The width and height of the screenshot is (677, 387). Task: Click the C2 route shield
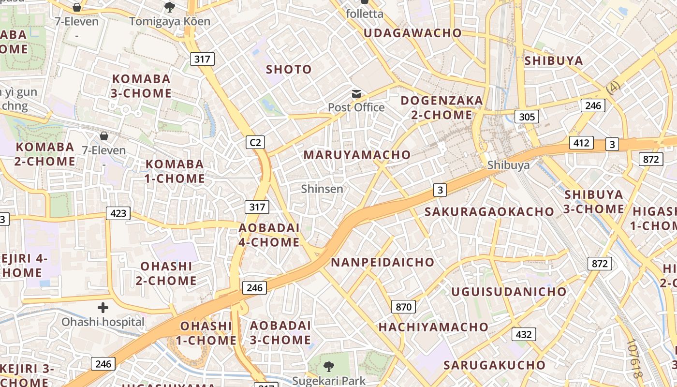tap(255, 142)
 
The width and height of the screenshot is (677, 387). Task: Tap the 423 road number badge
tap(118, 213)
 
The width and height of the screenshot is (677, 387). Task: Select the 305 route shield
tap(527, 116)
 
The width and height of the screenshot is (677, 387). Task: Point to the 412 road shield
tap(581, 143)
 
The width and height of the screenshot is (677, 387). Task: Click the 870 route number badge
tap(403, 307)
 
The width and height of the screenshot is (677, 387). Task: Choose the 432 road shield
tap(524, 334)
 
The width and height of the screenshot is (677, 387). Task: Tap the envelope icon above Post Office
tap(356, 93)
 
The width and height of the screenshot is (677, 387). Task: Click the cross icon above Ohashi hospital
tap(103, 308)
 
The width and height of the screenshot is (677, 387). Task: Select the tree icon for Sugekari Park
tap(329, 366)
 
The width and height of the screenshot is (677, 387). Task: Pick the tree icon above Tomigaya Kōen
tap(170, 7)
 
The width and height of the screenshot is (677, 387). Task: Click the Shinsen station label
tap(322, 189)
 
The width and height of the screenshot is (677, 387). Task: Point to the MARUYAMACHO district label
tap(357, 155)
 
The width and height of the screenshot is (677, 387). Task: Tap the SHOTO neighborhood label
tap(289, 69)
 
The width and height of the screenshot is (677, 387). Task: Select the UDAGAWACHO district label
tap(412, 33)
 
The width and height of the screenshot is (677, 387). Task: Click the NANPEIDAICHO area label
tap(383, 262)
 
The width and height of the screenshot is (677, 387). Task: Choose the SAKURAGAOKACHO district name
tap(489, 211)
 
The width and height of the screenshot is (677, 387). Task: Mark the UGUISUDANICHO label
tap(509, 292)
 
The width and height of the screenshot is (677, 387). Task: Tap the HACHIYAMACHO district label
tap(433, 327)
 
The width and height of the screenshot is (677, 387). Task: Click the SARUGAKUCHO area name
tap(495, 365)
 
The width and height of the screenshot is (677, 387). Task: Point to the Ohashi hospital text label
tap(103, 322)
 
